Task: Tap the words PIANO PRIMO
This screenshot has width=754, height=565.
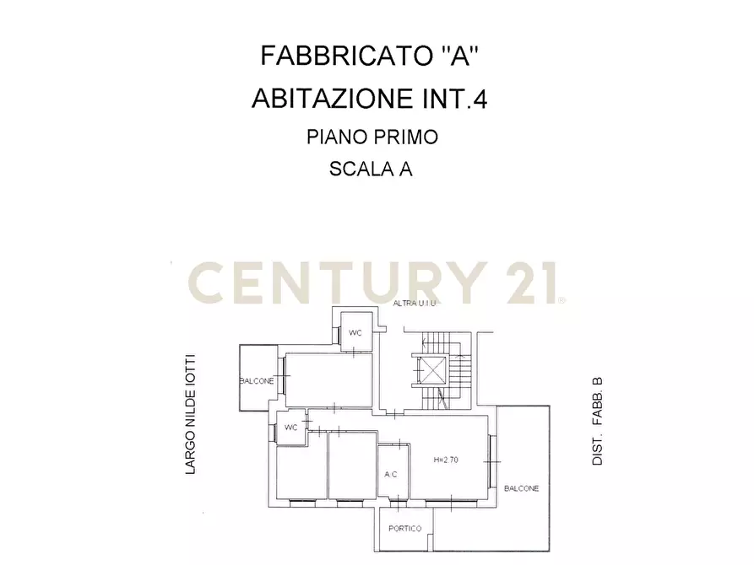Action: [x=372, y=137]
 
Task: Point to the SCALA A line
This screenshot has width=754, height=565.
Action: [x=371, y=169]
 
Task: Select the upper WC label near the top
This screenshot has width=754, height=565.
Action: [x=355, y=333]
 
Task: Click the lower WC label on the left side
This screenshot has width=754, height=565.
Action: [x=291, y=427]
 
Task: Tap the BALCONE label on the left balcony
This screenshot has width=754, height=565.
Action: [x=257, y=381]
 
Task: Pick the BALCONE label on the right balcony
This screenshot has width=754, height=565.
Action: [x=521, y=488]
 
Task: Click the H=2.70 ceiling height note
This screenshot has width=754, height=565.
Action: [x=446, y=460]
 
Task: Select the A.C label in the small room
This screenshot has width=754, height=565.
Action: [x=391, y=475]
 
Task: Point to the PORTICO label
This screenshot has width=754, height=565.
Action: [x=404, y=529]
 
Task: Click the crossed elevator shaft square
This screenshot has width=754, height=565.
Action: [x=431, y=370]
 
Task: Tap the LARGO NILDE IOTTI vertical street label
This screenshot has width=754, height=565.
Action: [x=191, y=413]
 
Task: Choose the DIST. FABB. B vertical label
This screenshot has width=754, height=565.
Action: [x=597, y=422]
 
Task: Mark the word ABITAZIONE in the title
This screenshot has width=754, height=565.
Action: [x=329, y=100]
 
